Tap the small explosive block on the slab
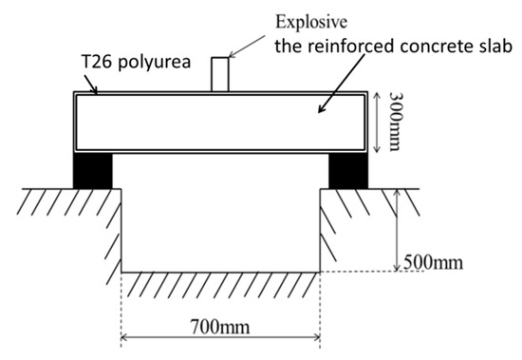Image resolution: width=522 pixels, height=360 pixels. (x=220, y=74)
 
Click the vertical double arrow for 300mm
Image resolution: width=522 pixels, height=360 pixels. (x=381, y=121)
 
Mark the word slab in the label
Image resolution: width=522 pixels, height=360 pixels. (x=492, y=46)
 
